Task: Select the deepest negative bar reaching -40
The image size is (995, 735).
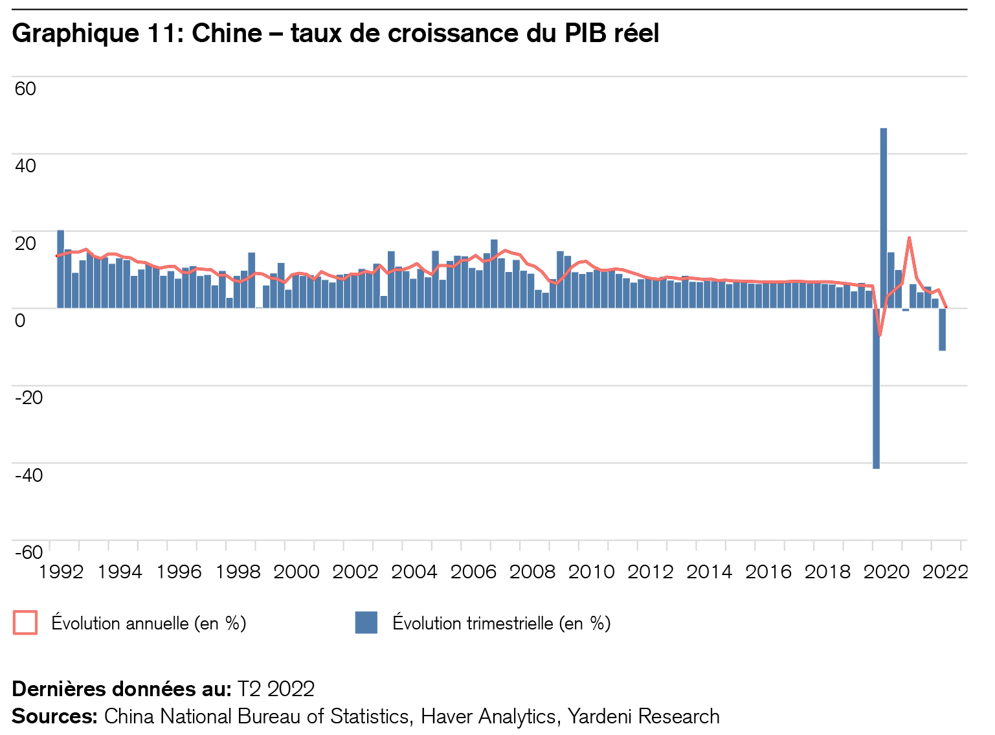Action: point(876,389)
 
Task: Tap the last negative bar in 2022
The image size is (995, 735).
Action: point(943,330)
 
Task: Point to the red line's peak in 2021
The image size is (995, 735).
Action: point(909,238)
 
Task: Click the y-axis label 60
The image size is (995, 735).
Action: point(25,89)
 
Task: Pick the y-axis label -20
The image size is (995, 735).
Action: point(28,397)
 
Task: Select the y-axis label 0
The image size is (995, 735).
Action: point(20,320)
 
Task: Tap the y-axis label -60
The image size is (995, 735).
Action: point(28,552)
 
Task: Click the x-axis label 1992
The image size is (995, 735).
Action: point(61,572)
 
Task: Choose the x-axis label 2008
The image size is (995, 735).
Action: point(532,572)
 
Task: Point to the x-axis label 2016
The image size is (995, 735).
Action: point(768,572)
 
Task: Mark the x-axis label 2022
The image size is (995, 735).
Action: point(945,572)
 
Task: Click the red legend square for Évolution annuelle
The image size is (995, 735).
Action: point(25,623)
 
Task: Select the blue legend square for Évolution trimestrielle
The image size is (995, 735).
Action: point(366,623)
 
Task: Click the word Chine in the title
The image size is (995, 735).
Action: point(227,33)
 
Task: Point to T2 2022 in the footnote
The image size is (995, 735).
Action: point(276,689)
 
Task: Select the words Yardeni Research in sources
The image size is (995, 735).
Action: point(643,716)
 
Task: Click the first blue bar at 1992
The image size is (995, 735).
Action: point(60,269)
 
